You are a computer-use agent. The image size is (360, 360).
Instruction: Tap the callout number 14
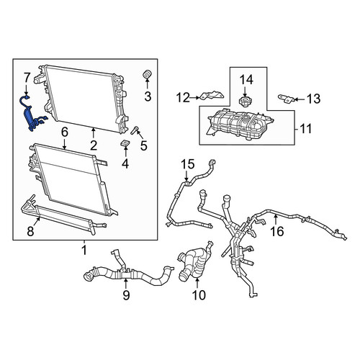[246, 80]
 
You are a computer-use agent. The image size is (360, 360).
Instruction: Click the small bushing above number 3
[148, 74]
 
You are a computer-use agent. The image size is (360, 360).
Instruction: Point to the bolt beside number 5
[134, 130]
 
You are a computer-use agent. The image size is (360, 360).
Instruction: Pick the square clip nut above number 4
[125, 143]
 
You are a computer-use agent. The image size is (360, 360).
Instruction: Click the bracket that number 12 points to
[212, 95]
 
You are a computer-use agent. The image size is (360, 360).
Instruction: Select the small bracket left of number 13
[286, 99]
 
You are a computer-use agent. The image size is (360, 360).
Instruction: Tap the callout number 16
[277, 231]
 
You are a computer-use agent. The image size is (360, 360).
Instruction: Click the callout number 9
[126, 295]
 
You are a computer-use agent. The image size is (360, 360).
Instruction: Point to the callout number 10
[199, 295]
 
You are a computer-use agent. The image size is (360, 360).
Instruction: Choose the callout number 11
[305, 129]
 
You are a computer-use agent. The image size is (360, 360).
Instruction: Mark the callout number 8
[30, 231]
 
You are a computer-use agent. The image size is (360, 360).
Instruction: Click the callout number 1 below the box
[84, 251]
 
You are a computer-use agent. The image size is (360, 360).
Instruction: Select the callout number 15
[187, 164]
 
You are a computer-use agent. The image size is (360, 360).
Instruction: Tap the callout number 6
[65, 132]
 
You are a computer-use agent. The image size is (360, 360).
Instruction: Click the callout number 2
[94, 145]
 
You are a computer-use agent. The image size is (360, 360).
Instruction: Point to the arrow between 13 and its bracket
[300, 99]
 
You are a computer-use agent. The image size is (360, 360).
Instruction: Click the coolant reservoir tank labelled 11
[240, 124]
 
